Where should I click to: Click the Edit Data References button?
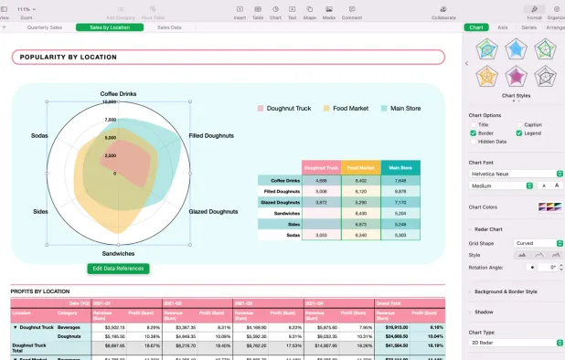(118, 269)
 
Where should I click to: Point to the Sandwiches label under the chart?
(118, 253)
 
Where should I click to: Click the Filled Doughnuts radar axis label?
(211, 135)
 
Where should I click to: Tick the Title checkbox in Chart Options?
(473, 124)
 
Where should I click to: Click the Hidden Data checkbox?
(473, 142)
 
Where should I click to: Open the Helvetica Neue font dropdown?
(515, 173)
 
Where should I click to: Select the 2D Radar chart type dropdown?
(515, 343)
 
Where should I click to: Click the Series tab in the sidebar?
(528, 27)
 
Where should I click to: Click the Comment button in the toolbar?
(351, 12)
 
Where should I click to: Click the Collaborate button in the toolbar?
(443, 12)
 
